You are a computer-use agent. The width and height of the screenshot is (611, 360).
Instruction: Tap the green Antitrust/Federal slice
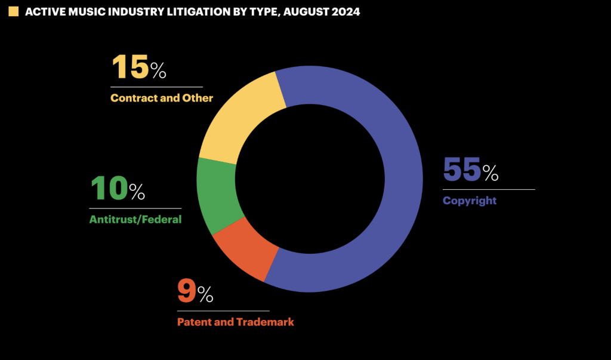(x=218, y=194)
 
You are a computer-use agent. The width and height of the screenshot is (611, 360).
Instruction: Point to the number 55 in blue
(x=461, y=170)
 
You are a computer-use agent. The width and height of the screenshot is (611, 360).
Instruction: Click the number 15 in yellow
(x=129, y=67)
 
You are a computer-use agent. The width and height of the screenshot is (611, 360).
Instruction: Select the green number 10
(x=108, y=189)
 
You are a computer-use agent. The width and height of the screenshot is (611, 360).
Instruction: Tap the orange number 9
(x=186, y=291)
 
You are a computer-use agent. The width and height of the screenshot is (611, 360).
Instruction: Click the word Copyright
(x=469, y=201)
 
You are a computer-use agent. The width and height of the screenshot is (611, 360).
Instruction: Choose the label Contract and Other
(x=161, y=98)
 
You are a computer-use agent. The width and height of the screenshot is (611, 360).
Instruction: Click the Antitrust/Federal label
(x=135, y=219)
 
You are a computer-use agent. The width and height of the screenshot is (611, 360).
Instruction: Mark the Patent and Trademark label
(x=235, y=322)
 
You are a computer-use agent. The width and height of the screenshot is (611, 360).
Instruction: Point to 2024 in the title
(x=345, y=11)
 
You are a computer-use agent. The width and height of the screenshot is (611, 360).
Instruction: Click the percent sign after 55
(x=490, y=173)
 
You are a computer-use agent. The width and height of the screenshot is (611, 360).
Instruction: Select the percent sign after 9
(x=205, y=294)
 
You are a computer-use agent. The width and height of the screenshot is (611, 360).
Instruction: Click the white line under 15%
(x=156, y=87)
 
